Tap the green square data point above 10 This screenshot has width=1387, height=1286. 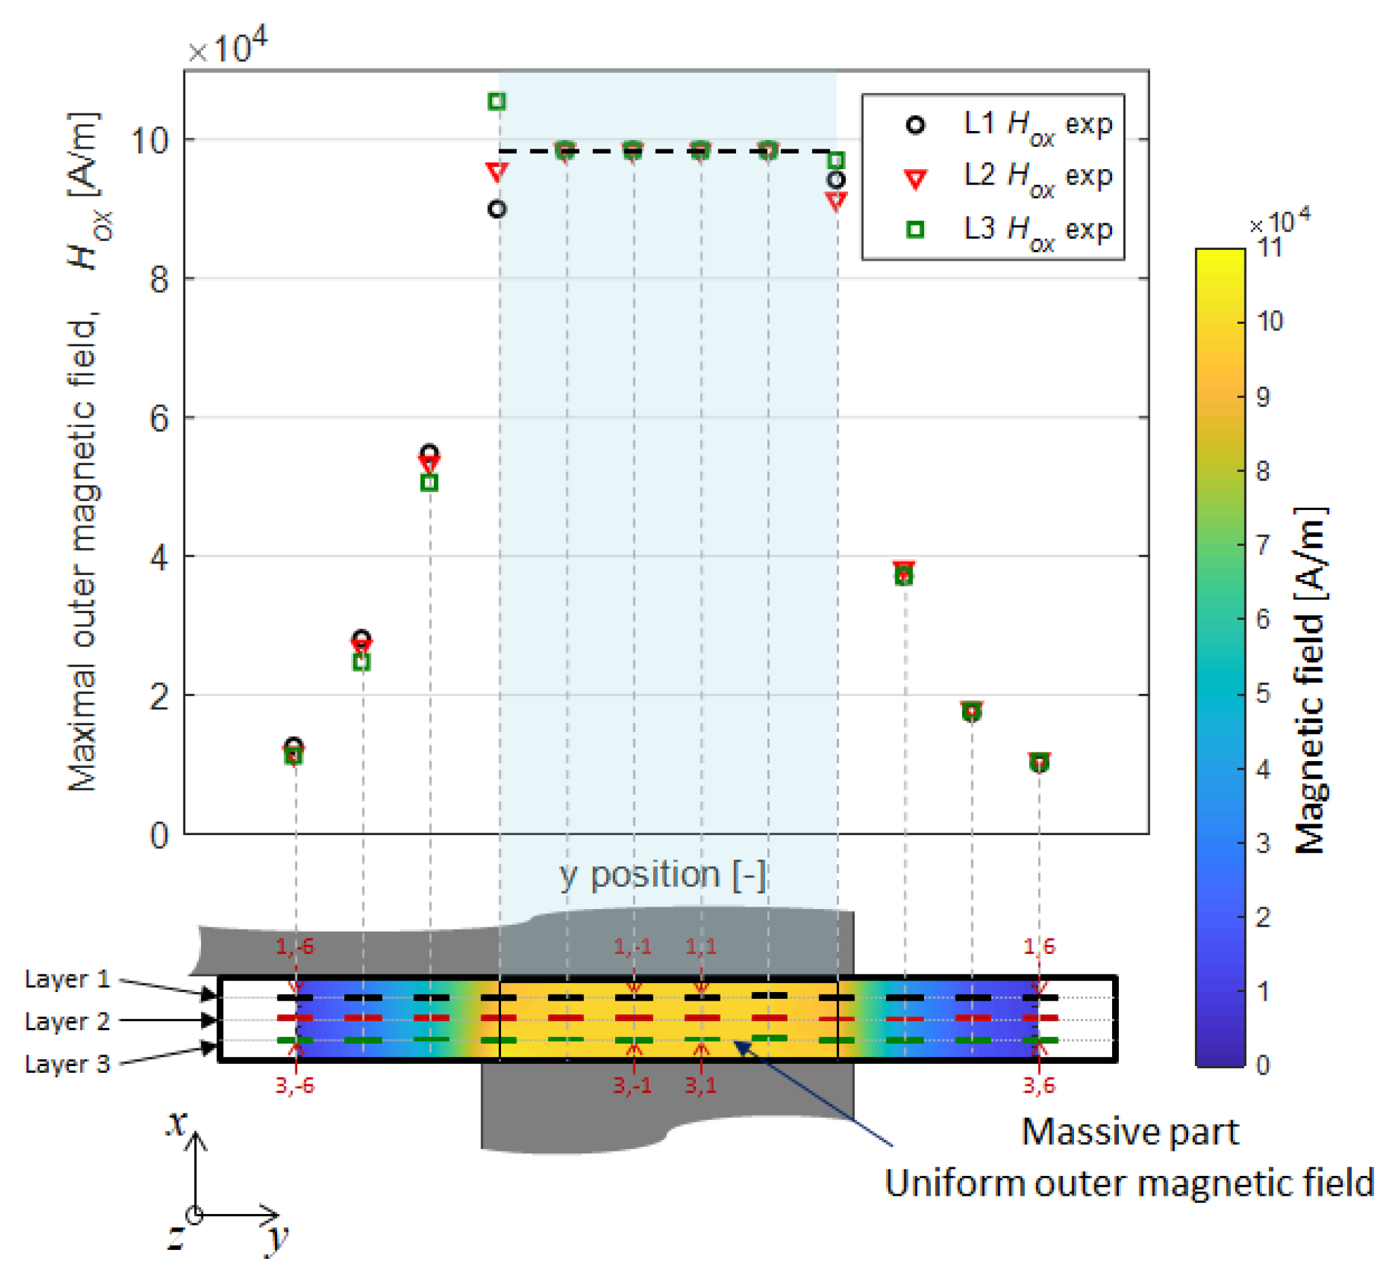click(496, 102)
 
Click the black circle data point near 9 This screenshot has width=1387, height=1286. click(496, 208)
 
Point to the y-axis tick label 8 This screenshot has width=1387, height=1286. click(160, 280)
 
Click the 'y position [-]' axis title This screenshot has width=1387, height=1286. click(662, 875)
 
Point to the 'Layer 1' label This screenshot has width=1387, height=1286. click(67, 979)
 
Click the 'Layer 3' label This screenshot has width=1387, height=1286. click(67, 1064)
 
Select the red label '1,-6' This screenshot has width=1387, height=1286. click(295, 947)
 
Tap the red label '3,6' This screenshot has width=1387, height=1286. click(1038, 1086)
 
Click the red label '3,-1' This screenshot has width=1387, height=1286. click(632, 1086)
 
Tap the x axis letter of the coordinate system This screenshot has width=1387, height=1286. click(177, 1124)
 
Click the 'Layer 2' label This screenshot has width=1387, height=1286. click(67, 1022)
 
